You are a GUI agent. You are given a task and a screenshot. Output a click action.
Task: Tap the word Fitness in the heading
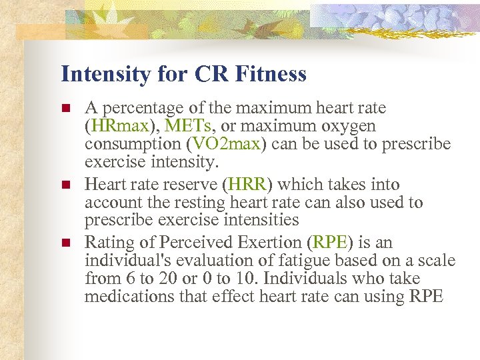point(270,73)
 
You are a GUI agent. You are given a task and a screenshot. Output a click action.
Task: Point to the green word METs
point(189,126)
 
